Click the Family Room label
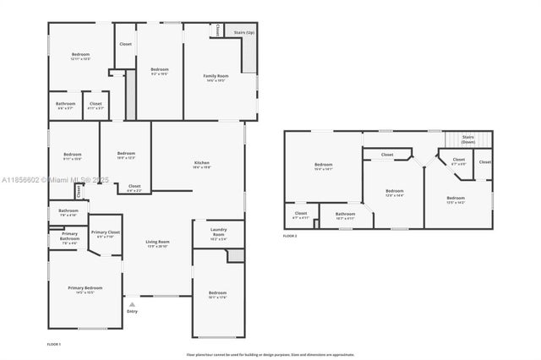pyautogui.click(x=215, y=78)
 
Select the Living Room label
pyautogui.click(x=158, y=243)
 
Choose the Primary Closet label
pyautogui.click(x=106, y=233)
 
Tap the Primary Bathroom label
pyautogui.click(x=69, y=238)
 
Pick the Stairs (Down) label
pyautogui.click(x=468, y=139)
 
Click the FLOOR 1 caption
pyautogui.click(x=53, y=344)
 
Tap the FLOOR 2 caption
pyautogui.click(x=290, y=236)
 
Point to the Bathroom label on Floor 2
pyautogui.click(x=345, y=215)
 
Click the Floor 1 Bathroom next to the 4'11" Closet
pyautogui.click(x=65, y=106)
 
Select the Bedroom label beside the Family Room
pyautogui.click(x=160, y=71)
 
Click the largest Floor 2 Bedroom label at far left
pyautogui.click(x=323, y=166)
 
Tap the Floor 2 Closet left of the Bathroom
pyautogui.click(x=301, y=215)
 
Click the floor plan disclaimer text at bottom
pyautogui.click(x=270, y=354)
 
